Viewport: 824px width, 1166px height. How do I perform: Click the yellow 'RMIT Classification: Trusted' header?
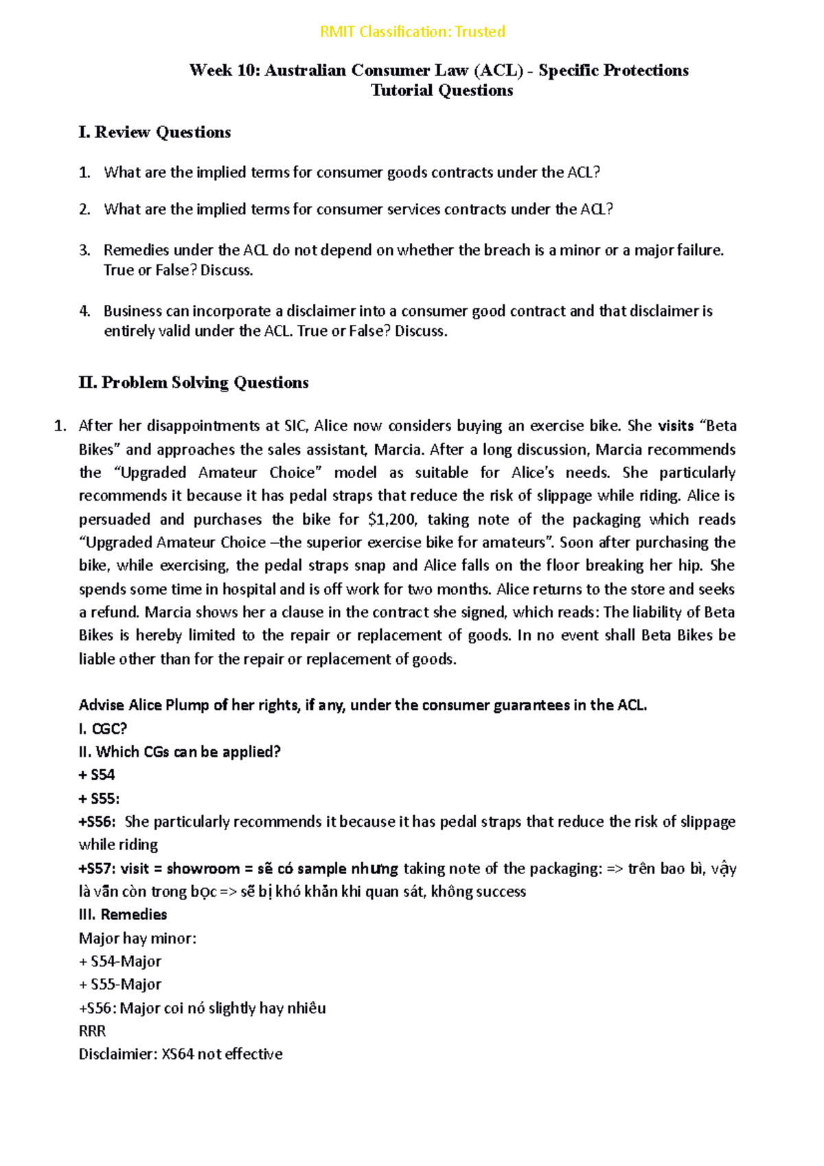pos(413,32)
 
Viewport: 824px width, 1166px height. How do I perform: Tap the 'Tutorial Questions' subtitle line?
pos(442,91)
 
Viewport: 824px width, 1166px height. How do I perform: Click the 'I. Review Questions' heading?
pos(155,132)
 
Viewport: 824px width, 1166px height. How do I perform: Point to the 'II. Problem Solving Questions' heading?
pos(194,382)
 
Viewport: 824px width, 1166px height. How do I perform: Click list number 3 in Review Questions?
pos(84,250)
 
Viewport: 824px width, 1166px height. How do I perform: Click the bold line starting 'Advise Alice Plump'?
pos(363,705)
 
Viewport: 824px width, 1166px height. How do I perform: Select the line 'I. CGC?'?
pos(103,729)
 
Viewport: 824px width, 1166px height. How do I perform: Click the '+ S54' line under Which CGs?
pos(97,775)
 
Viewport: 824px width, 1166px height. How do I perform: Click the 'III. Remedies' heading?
pos(123,915)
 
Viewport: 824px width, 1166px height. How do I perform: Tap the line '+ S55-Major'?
pos(120,985)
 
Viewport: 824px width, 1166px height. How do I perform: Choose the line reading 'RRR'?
pos(92,1031)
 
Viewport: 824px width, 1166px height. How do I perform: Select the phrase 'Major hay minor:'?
pos(137,938)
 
